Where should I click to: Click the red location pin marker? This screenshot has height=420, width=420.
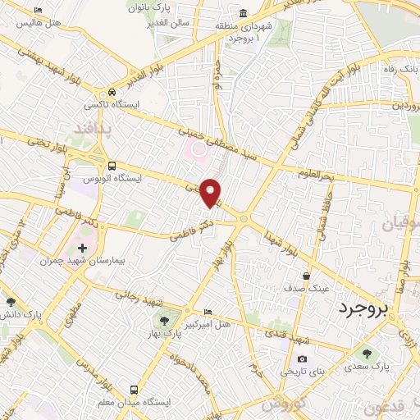211,193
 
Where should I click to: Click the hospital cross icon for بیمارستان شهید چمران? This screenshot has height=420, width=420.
82,248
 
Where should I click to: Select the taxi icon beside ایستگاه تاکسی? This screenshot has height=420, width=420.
112,92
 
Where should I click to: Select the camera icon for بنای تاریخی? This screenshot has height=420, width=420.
302,359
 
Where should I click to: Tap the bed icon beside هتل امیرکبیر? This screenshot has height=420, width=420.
208,313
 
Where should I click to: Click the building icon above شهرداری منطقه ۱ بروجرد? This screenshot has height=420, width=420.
244,14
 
